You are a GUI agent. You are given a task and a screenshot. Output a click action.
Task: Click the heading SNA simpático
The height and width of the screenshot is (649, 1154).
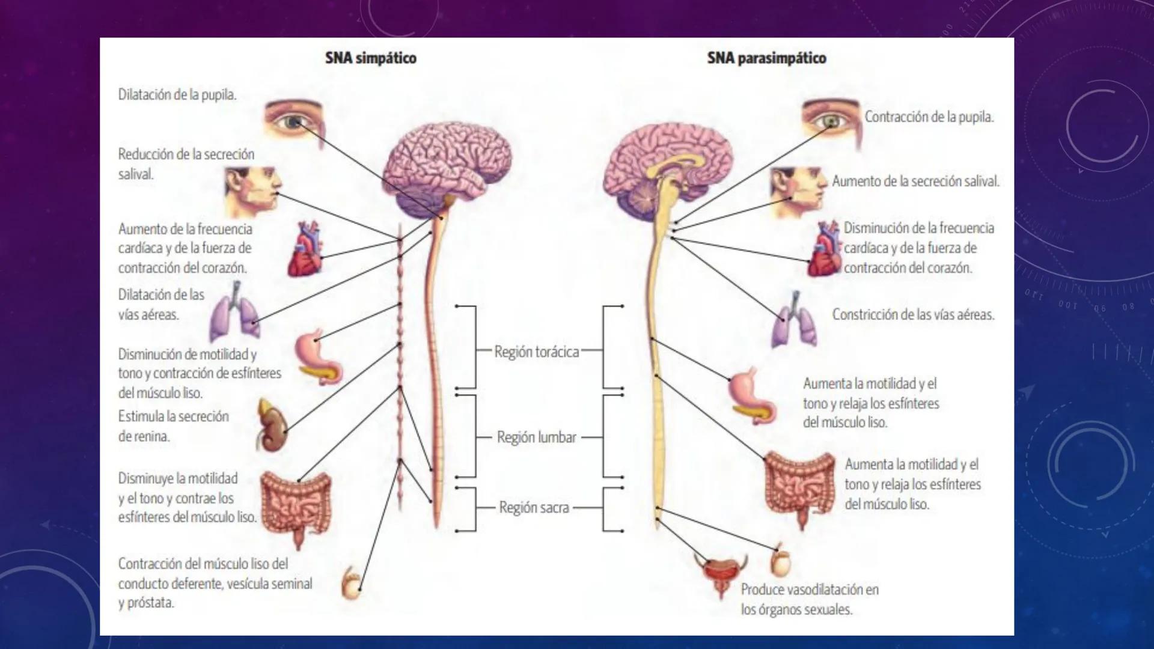370,58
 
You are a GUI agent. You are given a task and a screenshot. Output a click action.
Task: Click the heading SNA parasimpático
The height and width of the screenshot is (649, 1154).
766,58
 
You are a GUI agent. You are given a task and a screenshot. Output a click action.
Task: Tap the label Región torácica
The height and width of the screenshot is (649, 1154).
536,352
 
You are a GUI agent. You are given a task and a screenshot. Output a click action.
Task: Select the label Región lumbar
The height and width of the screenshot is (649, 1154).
536,437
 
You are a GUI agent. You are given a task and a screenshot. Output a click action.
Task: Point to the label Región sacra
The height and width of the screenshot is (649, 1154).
534,508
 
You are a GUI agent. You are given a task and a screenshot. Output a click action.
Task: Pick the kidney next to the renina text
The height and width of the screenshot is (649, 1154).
272,425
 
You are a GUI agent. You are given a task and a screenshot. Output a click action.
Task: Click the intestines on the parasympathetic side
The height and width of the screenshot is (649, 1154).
800,487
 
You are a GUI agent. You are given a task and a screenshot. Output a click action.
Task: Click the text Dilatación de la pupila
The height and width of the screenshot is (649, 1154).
177,94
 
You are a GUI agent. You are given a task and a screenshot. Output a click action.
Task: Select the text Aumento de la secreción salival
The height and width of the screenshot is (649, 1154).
915,181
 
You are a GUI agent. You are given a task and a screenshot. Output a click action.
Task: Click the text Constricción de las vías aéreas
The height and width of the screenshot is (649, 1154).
913,314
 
